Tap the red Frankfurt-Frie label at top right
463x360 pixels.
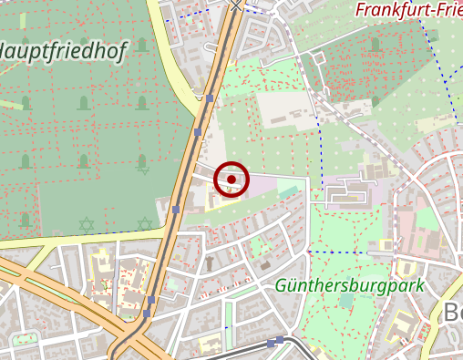408,11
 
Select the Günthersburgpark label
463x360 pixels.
350,286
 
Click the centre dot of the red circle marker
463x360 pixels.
231,180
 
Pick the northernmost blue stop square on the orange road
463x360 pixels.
210,98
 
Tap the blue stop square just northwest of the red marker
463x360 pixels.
198,133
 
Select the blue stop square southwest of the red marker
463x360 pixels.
176,209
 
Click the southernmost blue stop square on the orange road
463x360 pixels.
146,314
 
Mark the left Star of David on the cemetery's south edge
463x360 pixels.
87,223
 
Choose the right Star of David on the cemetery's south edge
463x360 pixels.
144,223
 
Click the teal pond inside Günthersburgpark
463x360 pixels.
345,300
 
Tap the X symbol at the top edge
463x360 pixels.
237,5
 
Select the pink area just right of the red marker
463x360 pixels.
264,186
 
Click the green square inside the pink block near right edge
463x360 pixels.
426,220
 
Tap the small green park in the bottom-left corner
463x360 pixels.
24,340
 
